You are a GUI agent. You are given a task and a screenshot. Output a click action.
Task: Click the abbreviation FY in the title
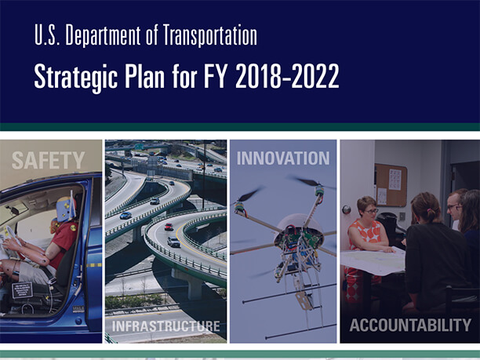click(203, 78)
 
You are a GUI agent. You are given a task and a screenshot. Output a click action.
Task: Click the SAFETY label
click(48, 161)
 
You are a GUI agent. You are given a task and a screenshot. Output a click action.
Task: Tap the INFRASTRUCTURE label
click(165, 325)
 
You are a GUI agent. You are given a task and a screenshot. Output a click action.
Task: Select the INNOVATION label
click(282, 158)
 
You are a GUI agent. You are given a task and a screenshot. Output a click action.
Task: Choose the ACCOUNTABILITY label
click(409, 325)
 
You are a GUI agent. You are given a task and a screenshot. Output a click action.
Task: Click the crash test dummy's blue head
click(65, 209)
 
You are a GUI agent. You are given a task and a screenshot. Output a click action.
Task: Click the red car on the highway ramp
click(169, 227)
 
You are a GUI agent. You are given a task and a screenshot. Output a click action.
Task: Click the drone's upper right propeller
click(316, 186)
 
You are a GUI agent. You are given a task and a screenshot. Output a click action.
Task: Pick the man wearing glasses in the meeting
click(454, 208)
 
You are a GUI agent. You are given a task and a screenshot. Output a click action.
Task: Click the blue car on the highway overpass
click(125, 215)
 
